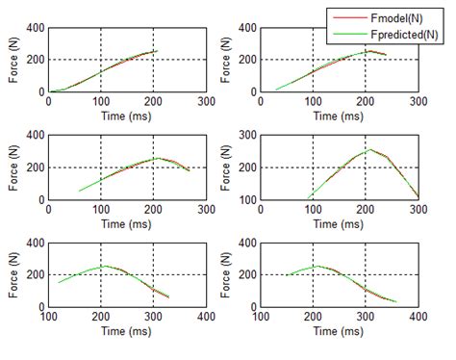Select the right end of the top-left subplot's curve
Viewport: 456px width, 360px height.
tap(155, 51)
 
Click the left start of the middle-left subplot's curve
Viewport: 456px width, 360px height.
tap(79, 191)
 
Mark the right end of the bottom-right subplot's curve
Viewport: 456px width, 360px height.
tap(396, 301)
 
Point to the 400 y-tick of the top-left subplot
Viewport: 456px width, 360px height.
tap(36, 27)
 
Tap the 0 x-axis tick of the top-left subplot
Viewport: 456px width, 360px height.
tap(48, 100)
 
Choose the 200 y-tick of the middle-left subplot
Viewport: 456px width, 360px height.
tap(36, 167)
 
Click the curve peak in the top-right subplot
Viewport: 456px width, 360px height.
tap(367, 51)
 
